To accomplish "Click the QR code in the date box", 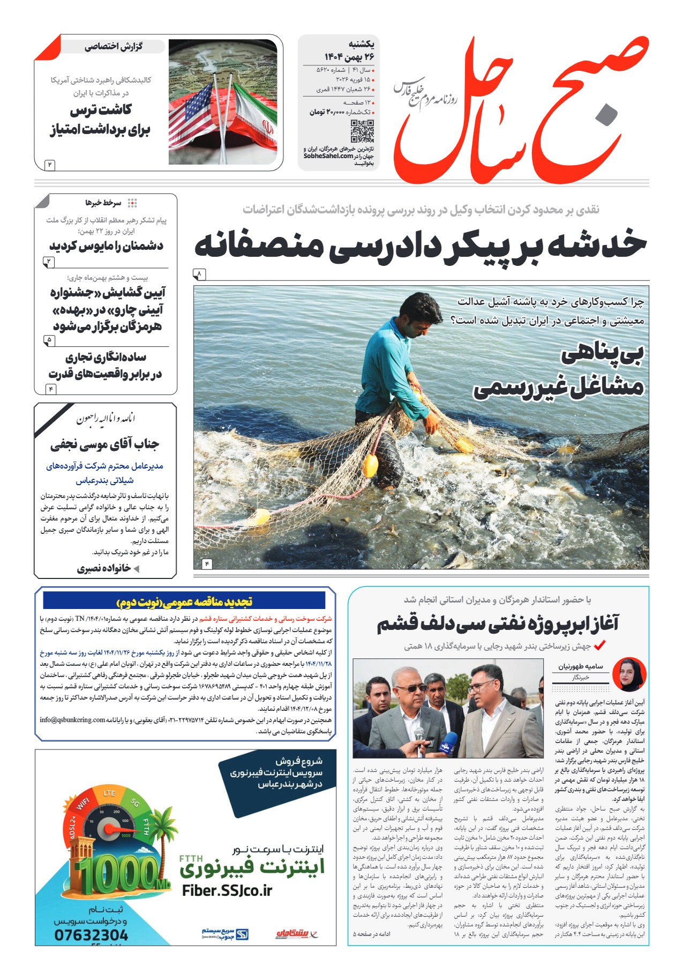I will [362, 131].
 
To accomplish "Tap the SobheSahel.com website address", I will [328, 156].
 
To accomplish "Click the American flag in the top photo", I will [192, 115].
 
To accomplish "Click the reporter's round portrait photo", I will [629, 674].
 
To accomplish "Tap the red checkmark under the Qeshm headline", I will [599, 645].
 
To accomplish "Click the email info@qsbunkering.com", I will [72, 719].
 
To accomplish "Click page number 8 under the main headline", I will [199, 274].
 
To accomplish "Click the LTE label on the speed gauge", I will [109, 793].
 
